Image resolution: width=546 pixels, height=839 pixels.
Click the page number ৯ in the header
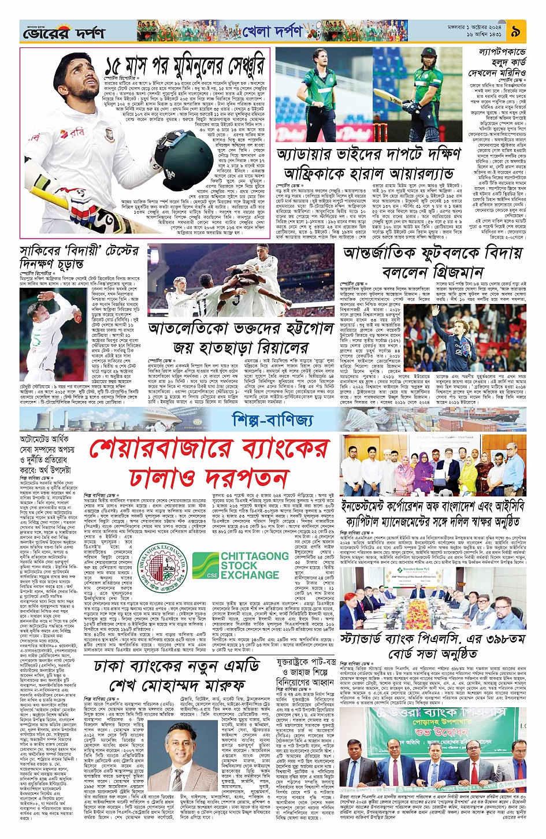515,32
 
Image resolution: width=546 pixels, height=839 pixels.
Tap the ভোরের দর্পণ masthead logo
64,33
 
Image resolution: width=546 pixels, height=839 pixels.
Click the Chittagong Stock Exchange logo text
249,565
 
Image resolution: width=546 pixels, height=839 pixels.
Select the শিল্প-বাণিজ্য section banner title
273,419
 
